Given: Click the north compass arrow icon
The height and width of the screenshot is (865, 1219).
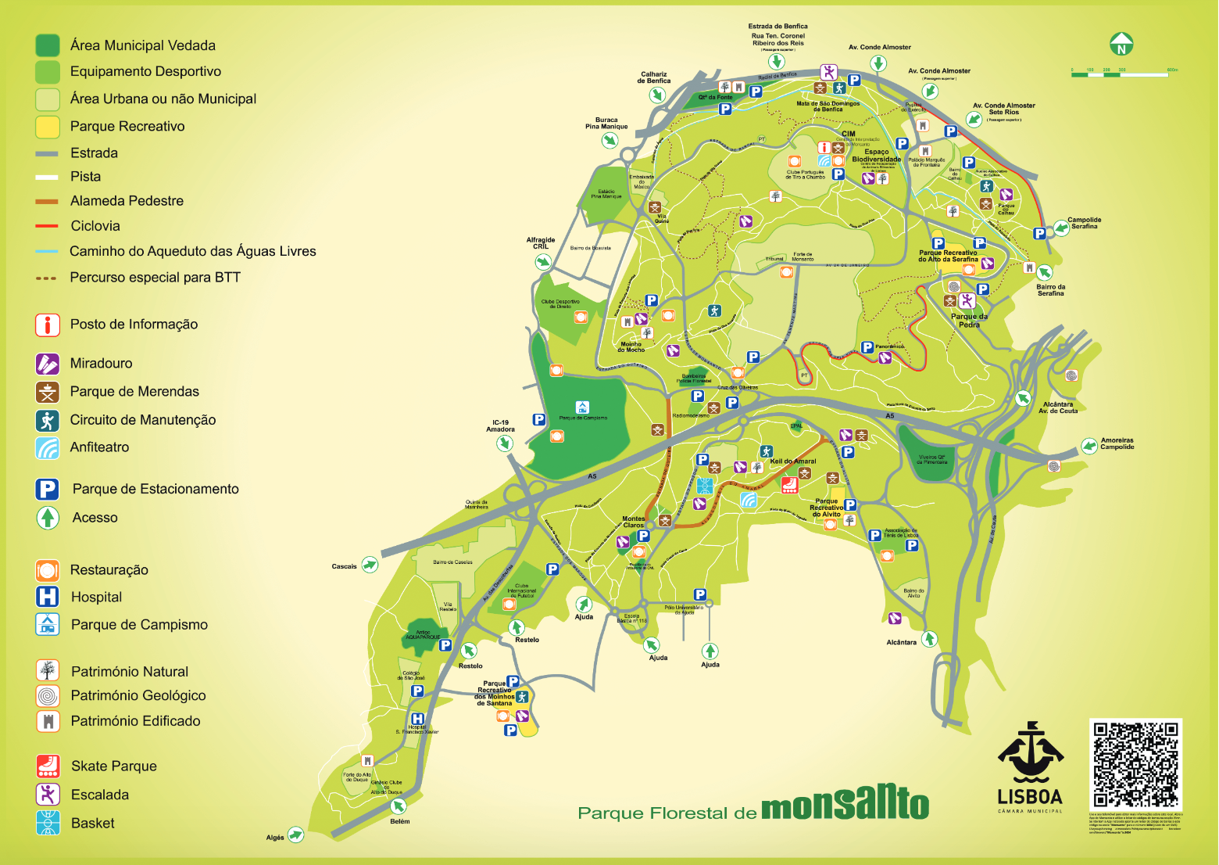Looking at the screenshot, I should tap(1121, 45).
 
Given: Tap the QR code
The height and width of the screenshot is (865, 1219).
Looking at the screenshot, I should tap(1135, 764).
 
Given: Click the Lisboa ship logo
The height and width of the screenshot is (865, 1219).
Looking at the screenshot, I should tap(1030, 752).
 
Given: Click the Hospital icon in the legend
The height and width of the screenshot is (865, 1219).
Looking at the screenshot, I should tap(48, 597).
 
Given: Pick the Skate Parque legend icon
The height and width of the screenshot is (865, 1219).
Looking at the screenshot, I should tap(48, 766).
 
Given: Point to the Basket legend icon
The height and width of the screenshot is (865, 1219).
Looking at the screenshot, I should tap(48, 823).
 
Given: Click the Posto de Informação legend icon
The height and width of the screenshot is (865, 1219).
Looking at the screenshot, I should tap(48, 325).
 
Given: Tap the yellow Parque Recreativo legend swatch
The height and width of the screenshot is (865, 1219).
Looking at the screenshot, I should tap(48, 127).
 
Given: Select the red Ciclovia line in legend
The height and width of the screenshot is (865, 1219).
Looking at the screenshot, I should tap(47, 226).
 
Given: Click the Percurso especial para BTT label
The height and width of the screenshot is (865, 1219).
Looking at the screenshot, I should tap(155, 278).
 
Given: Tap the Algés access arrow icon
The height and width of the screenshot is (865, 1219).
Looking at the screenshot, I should tap(295, 835).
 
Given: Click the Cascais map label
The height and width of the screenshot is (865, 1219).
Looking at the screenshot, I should tap(344, 566).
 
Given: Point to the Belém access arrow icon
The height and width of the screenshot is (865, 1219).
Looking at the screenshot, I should tap(399, 806).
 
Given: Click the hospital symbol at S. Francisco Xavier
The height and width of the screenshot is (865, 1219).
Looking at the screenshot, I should tap(417, 719).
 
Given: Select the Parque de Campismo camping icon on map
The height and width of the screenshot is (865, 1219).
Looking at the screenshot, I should tap(582, 407).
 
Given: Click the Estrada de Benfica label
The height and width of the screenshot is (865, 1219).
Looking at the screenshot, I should tap(778, 27).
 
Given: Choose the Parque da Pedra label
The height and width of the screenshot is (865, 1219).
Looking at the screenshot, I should tap(969, 321).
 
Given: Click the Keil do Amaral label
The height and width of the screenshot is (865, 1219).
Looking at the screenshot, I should tap(792, 461).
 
